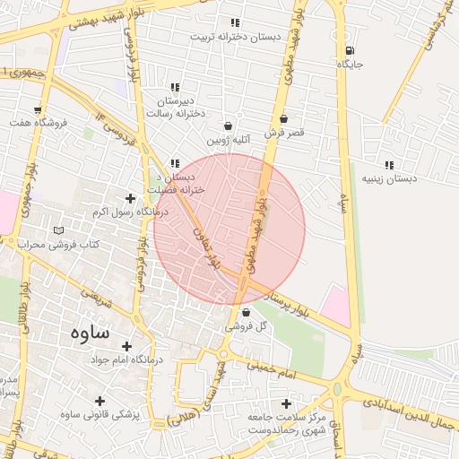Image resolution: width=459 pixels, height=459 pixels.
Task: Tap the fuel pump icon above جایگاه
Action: click(349, 50)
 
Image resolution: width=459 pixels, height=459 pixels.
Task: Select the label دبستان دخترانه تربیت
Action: click(234, 37)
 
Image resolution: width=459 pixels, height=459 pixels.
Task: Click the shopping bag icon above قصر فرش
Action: click(284, 118)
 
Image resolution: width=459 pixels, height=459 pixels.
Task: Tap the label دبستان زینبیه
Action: click(389, 178)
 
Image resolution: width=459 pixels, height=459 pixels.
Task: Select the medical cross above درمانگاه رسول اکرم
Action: click(131, 198)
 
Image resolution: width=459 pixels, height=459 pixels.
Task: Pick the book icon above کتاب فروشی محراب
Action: click(59, 230)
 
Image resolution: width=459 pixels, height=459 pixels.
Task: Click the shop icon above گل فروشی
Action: click(247, 313)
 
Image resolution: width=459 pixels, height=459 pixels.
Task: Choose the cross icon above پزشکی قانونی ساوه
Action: click(100, 401)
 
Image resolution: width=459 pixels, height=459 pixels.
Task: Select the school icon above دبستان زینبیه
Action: click(389, 165)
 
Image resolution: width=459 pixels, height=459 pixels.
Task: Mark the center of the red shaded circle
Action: click(229, 229)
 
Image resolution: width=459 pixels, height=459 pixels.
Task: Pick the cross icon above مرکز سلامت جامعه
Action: click(287, 404)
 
